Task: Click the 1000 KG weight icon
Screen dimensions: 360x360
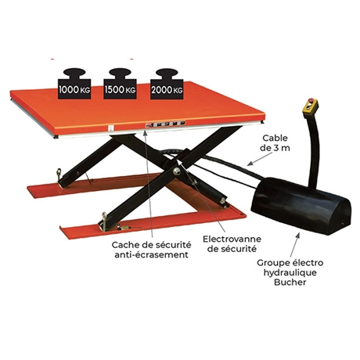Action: (74, 84)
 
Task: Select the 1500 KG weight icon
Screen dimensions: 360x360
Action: (120, 84)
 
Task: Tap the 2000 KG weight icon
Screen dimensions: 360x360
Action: (167, 84)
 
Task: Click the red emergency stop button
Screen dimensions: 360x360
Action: (311, 100)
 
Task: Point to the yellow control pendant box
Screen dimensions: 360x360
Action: (309, 108)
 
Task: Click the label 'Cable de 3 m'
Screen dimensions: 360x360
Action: (275, 142)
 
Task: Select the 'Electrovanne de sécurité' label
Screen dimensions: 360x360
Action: (232, 243)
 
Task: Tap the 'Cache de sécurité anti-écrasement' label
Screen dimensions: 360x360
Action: (151, 250)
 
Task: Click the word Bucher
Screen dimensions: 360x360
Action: (290, 282)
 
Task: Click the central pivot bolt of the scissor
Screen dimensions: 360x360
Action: (178, 171)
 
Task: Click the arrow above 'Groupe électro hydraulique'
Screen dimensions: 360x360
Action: (295, 245)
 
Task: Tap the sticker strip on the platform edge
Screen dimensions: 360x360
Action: (165, 124)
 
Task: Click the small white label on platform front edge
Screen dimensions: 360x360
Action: (110, 128)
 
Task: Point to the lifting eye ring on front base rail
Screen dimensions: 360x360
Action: (105, 217)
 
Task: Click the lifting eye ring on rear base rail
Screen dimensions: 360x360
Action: (59, 173)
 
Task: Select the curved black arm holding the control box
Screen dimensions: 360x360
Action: (313, 151)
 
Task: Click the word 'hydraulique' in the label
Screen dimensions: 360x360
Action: (290, 272)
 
